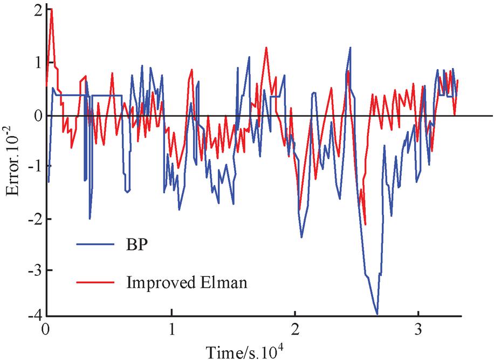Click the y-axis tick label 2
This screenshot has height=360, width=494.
coord(37,11)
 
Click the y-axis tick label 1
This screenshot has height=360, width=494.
coord(37,64)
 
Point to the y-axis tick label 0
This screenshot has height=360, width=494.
coord(37,116)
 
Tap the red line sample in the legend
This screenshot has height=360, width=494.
coord(92,282)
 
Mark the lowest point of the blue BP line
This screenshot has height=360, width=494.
coord(377,314)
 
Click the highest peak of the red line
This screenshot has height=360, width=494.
coord(51,9)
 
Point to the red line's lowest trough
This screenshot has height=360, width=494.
coord(366,225)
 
